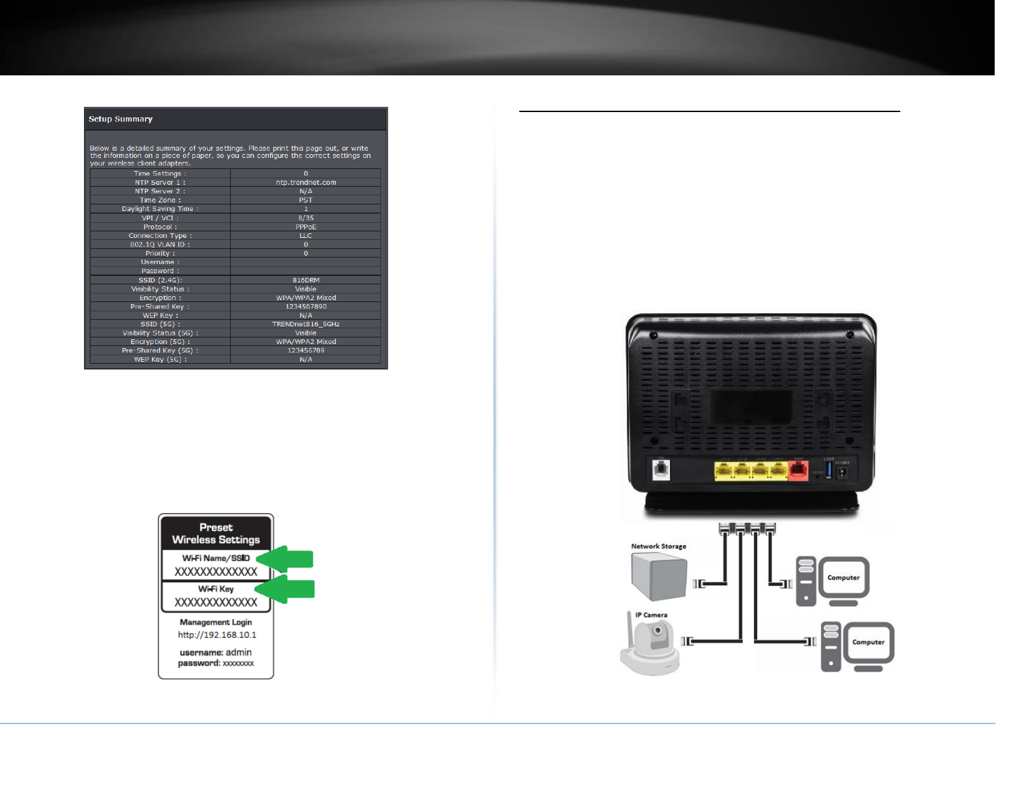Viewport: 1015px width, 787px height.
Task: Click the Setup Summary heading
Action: (121, 119)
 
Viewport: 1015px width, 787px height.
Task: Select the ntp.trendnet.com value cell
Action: (306, 183)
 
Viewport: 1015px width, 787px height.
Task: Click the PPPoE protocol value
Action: (306, 227)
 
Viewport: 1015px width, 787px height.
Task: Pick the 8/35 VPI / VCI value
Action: (306, 218)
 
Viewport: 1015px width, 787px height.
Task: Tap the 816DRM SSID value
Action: (306, 280)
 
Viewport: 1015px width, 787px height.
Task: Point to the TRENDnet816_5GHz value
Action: (306, 324)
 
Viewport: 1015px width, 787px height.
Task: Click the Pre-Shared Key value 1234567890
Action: (306, 307)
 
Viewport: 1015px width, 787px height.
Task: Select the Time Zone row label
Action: (160, 201)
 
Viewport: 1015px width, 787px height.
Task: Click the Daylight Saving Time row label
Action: (160, 209)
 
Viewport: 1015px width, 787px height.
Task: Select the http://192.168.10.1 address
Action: (217, 635)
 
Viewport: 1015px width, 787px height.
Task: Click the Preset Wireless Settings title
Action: (216, 533)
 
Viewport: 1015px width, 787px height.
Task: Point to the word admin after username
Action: (239, 653)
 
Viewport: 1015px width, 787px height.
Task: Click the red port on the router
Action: (798, 470)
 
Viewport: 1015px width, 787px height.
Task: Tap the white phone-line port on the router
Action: (661, 469)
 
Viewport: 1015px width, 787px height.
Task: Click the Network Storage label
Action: (658, 547)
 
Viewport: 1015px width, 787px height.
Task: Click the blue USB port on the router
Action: (829, 470)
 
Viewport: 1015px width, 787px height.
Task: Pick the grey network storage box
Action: (658, 576)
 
